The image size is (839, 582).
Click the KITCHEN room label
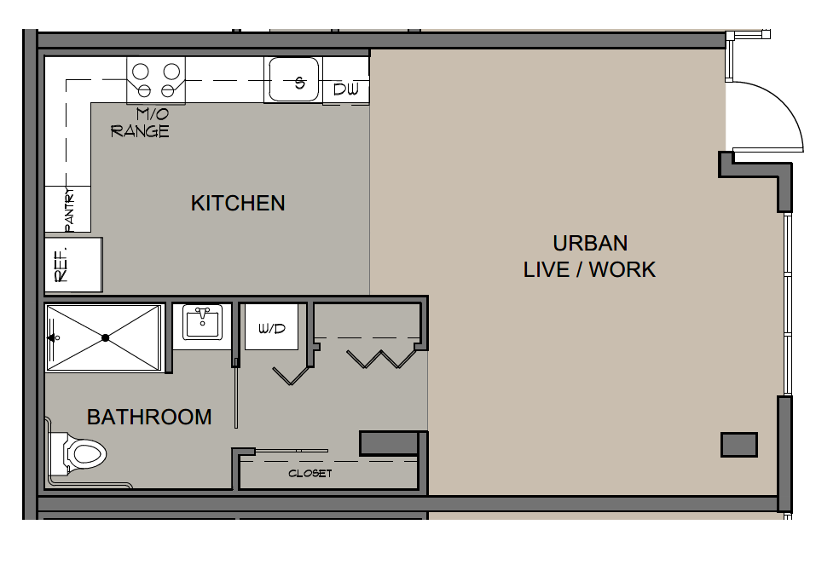[x=238, y=204]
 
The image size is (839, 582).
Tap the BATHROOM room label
[x=149, y=418]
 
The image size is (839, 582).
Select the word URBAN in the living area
[x=590, y=244]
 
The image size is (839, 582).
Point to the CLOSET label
[x=310, y=474]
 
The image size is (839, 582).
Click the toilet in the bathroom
[x=78, y=455]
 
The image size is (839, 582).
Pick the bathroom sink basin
[x=202, y=323]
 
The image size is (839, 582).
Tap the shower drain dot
[x=106, y=337]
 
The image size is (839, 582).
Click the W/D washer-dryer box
[x=271, y=327]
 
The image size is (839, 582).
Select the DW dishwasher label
[x=346, y=89]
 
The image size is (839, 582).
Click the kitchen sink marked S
[x=294, y=79]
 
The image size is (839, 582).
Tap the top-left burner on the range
[x=140, y=71]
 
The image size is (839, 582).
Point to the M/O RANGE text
[x=140, y=123]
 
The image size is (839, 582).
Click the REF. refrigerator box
[x=73, y=265]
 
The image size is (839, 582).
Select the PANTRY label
[x=69, y=209]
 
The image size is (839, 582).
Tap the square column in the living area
[x=739, y=445]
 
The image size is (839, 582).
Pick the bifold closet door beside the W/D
[x=292, y=374]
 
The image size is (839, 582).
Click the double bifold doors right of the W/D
[x=382, y=359]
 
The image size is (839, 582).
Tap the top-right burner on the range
[x=171, y=71]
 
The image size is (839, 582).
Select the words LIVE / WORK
[x=590, y=269]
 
